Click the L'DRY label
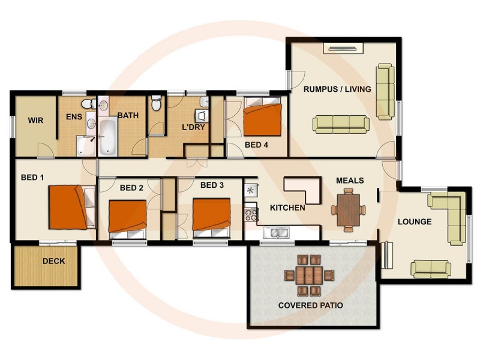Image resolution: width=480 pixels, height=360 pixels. [x=193, y=127]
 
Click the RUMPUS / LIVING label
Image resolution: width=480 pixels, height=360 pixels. [x=337, y=89]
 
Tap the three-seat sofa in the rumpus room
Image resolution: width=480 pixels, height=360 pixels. [x=341, y=124]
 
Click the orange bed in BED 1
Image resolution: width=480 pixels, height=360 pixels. [x=69, y=207]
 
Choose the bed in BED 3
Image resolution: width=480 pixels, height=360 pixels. [x=211, y=217]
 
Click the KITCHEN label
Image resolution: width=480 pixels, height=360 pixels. [x=288, y=208]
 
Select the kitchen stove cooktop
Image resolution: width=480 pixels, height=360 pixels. [x=250, y=212]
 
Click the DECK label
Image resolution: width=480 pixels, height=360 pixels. [x=53, y=262]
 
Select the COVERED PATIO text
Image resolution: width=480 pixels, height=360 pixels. [x=311, y=305]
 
